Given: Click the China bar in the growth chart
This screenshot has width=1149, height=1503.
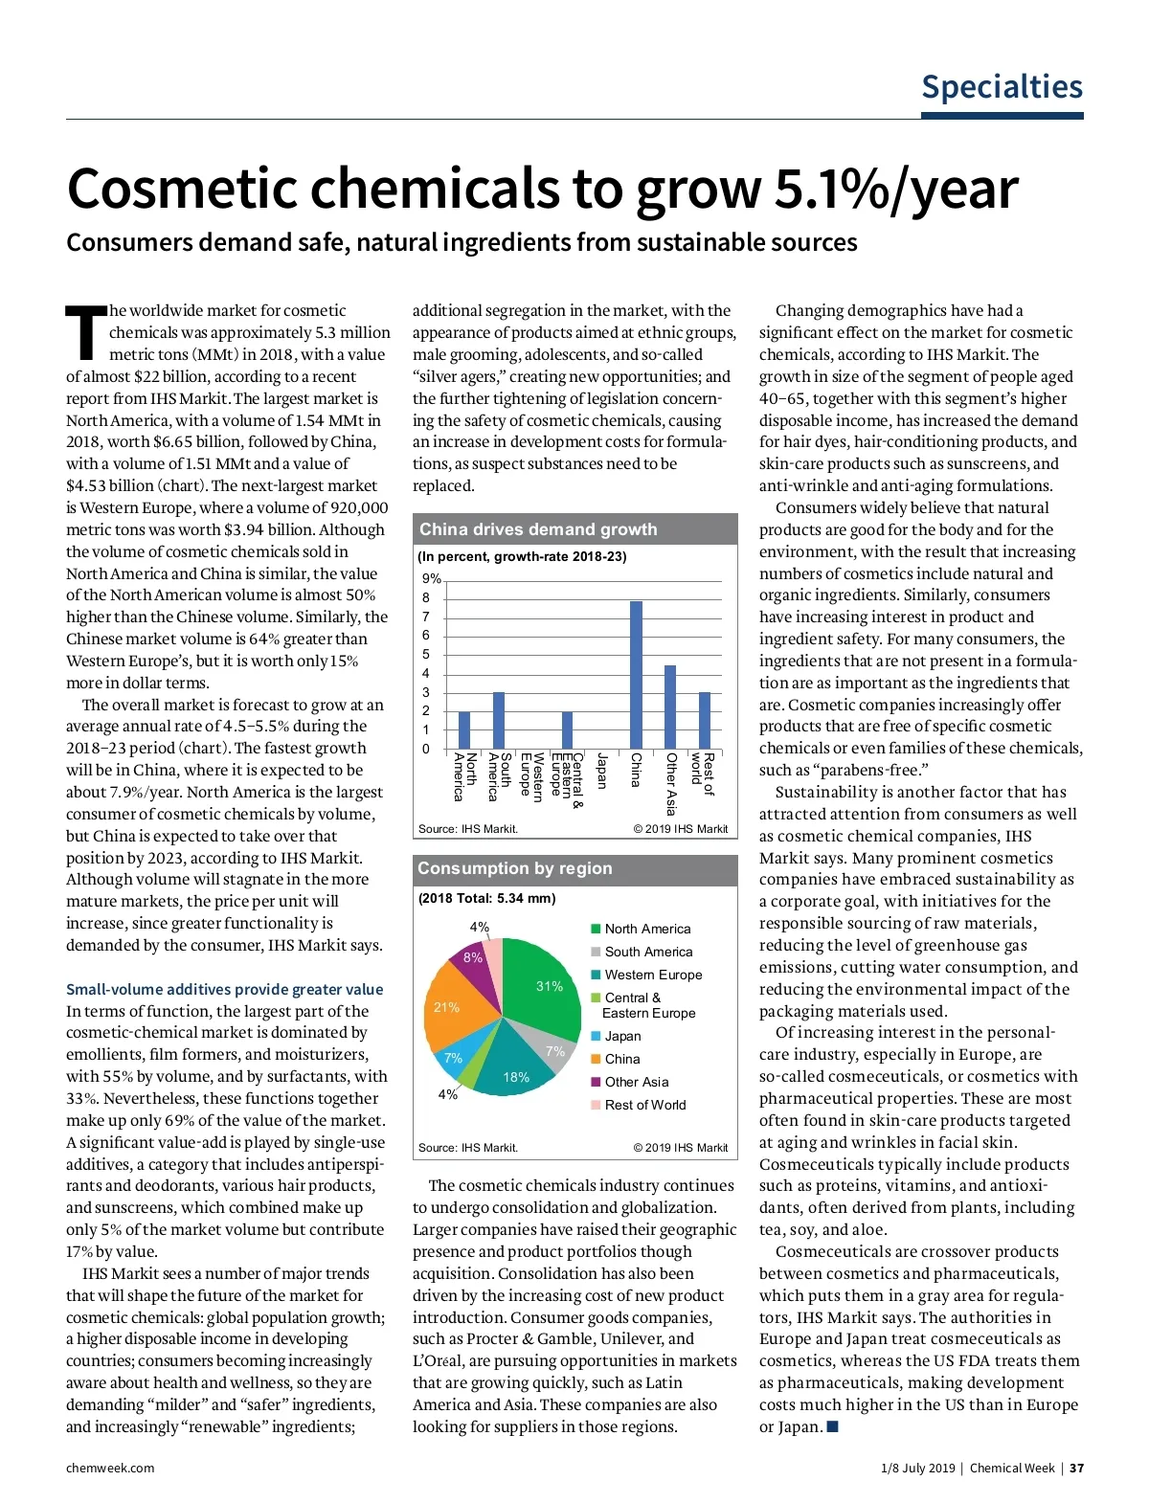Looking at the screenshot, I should (636, 675).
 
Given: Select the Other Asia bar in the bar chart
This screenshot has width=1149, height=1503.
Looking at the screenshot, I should (670, 707).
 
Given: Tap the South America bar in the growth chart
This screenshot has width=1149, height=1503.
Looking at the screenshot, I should (498, 720).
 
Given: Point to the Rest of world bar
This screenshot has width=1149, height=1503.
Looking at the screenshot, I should (705, 720).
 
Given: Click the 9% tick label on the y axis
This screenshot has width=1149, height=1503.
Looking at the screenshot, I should (432, 579).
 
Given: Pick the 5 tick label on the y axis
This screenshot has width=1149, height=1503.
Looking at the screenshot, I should (426, 655).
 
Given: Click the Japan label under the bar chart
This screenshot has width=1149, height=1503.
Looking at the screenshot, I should (601, 771).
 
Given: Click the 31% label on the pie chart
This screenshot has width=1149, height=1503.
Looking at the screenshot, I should (549, 986).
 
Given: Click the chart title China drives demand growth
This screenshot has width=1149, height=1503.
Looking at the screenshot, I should (538, 529).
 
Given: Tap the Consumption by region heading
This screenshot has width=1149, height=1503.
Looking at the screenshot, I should (514, 868).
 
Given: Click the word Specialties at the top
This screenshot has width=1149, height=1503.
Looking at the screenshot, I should (1002, 87).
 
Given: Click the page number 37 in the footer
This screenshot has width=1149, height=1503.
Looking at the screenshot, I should (1076, 1468).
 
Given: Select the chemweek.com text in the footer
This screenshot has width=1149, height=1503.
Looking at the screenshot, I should (110, 1468).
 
